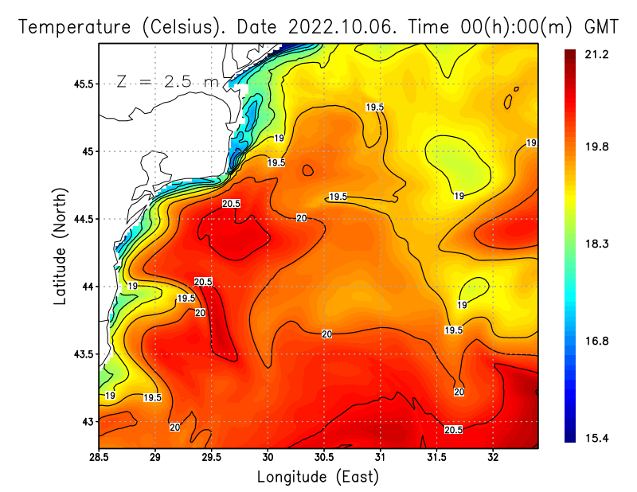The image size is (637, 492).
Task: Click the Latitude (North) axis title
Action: pos(60,246)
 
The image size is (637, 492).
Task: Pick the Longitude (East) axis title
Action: pos(318,477)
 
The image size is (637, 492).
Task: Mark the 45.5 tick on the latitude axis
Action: pos(82,84)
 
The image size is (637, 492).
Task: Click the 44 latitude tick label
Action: pos(86,287)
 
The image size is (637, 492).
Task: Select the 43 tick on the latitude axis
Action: pos(86,421)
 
